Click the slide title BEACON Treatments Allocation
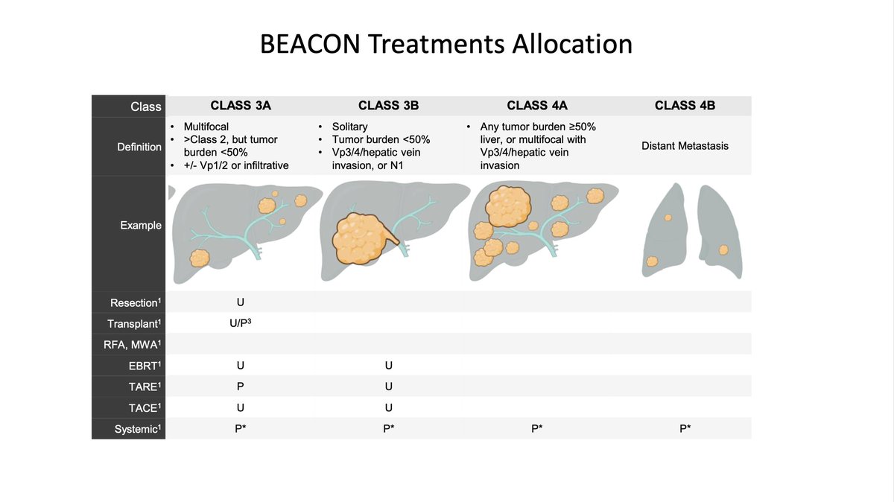446,43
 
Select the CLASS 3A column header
240,106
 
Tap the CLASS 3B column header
388,106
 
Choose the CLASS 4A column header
536,106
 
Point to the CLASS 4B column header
685,106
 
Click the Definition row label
139,147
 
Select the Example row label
141,225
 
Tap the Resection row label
136,303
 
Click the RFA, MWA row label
135,345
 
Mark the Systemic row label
138,429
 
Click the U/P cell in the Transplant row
240,324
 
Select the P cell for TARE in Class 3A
240,387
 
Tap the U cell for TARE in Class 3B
388,387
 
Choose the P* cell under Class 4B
685,429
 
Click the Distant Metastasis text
685,146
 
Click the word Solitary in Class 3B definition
350,127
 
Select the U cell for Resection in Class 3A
240,302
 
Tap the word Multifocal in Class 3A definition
206,127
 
